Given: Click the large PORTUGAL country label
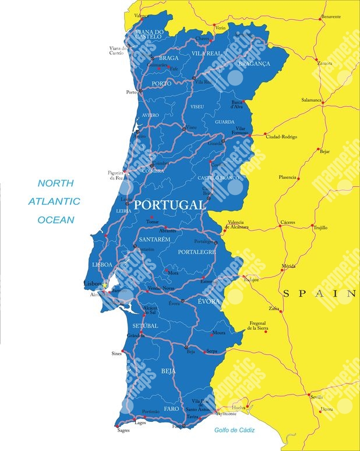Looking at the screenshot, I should coord(170,205).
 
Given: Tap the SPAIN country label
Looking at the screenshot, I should coord(319,294).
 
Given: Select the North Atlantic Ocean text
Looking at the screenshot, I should coord(56,201).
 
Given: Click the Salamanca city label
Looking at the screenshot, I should coord(311,100).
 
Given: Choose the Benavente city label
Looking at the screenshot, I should coord(330,17).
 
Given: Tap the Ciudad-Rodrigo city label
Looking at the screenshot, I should coord(281,137).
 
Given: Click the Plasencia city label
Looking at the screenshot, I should coord(288,177).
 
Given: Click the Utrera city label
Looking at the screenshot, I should coord(327,409).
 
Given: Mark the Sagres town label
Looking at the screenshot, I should coord(123,432).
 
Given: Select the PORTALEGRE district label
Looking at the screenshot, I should coord(196,252).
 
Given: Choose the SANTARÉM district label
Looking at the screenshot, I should coord(154,239).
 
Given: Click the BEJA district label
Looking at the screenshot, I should coord(168,371).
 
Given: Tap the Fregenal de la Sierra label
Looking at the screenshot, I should coord(257,326).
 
